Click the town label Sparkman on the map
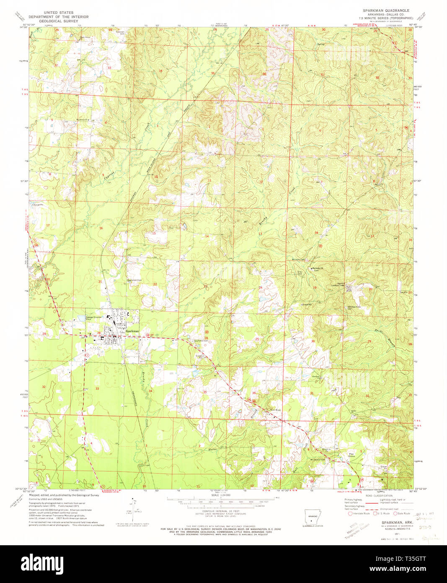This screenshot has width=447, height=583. (132, 331)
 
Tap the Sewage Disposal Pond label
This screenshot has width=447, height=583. (94, 318)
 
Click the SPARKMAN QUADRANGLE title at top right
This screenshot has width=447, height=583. (386, 10)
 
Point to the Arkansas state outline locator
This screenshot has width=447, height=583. (312, 519)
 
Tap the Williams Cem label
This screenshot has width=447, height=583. (298, 259)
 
